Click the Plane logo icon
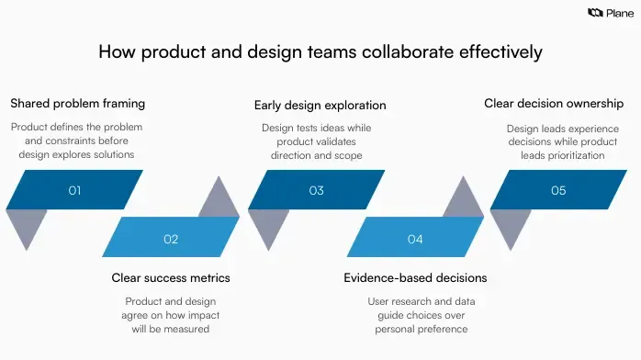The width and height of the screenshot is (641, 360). [594, 12]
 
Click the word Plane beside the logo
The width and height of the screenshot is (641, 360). [616, 12]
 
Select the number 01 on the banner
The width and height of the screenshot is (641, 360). [74, 190]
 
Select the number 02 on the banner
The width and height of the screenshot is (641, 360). [171, 239]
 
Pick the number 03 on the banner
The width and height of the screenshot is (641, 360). [317, 190]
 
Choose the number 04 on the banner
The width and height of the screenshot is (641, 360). [415, 239]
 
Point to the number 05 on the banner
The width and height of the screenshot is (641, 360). [558, 190]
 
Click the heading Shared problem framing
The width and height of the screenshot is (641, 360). [77, 103]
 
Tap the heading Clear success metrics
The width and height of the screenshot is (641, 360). [171, 277]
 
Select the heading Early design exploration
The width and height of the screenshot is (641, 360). [320, 105]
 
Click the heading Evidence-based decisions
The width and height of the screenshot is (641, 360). [415, 277]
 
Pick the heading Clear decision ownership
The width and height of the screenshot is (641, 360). [554, 104]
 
